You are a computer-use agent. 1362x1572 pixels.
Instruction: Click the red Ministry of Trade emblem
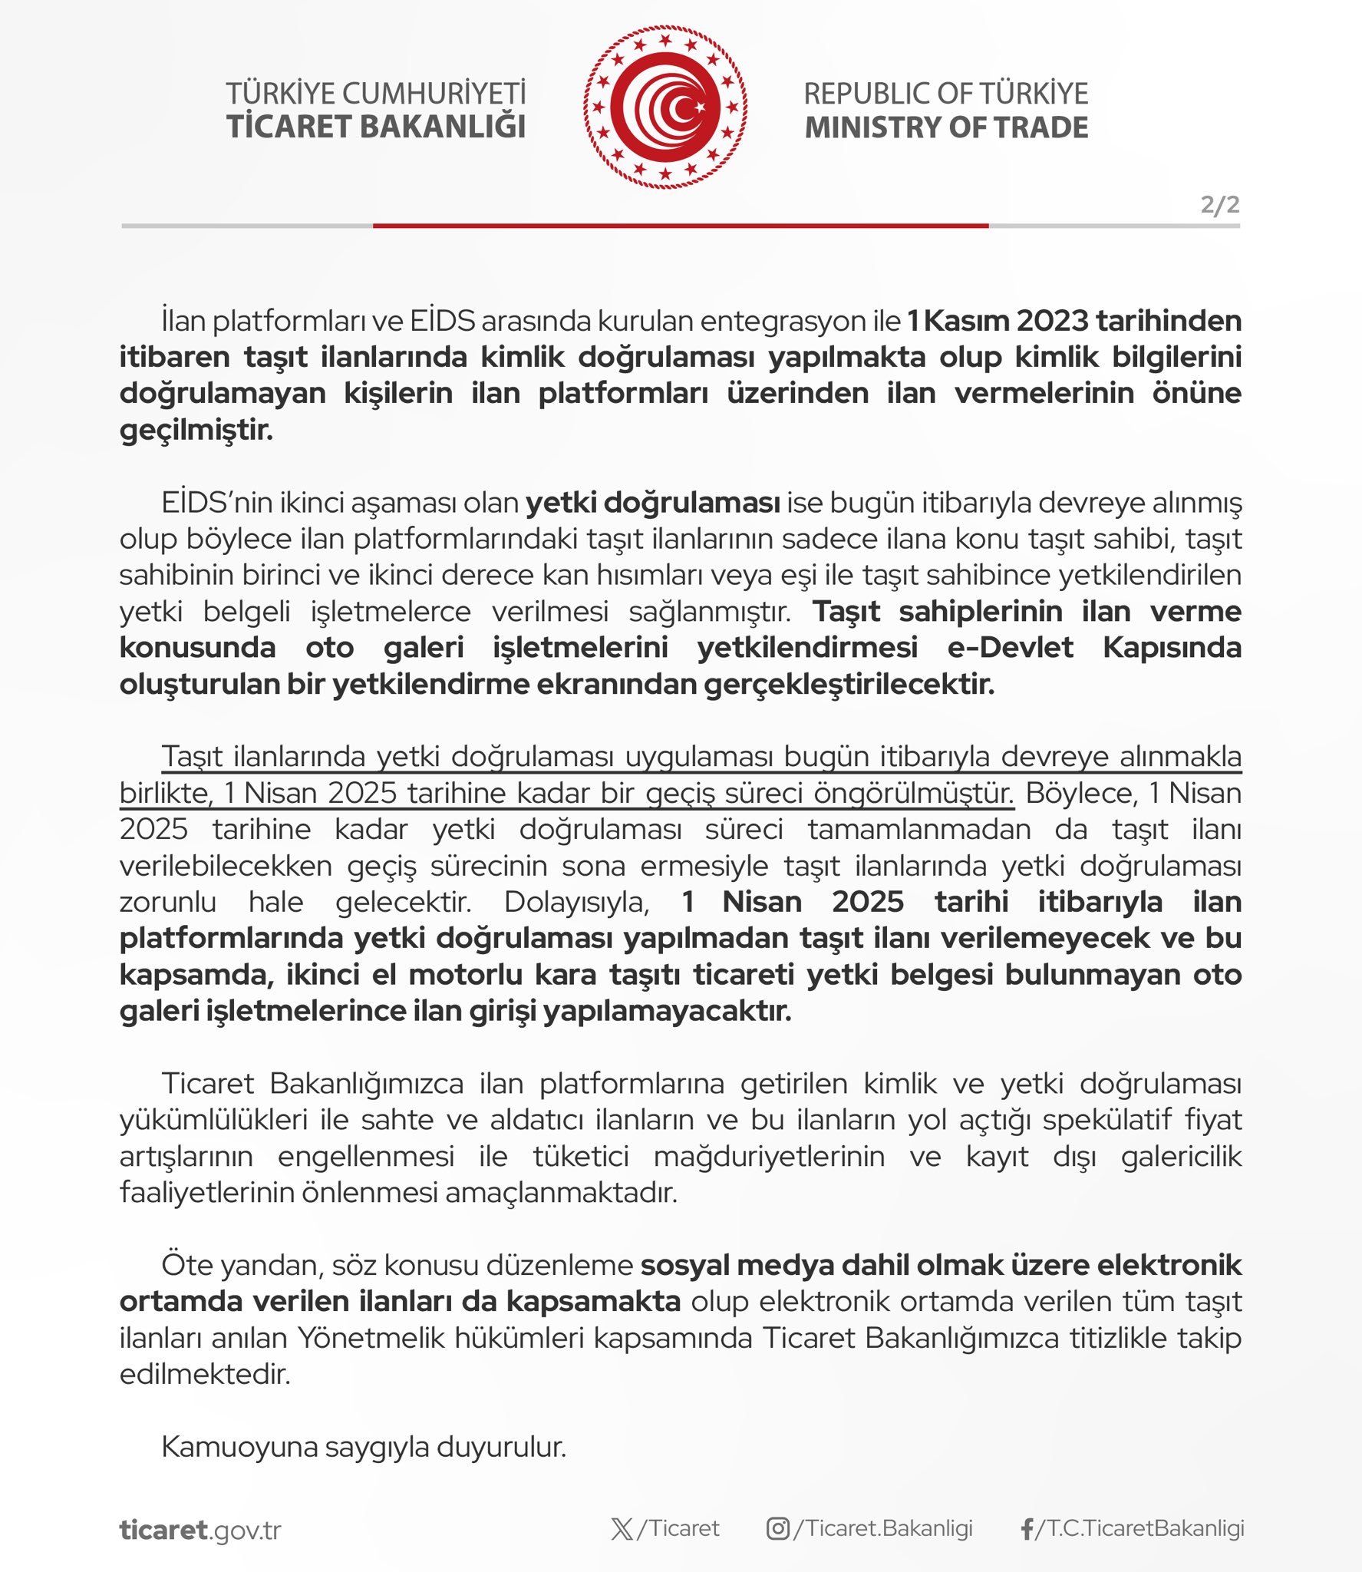(665, 107)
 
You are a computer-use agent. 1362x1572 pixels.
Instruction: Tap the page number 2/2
(1219, 205)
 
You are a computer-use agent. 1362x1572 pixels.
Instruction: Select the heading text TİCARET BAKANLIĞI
(376, 127)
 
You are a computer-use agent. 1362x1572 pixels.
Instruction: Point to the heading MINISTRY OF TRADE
(946, 127)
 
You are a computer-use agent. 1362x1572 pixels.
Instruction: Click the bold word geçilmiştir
(196, 430)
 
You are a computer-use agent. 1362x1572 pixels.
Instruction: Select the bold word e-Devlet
(1010, 648)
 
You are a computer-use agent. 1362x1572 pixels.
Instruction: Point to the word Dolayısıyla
(576, 902)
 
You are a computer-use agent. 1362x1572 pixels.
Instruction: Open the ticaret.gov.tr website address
(200, 1530)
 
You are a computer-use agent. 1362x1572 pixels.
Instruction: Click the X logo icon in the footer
(622, 1529)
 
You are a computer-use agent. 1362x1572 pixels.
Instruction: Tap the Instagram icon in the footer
(777, 1529)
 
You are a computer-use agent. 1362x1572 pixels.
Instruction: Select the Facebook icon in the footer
(1027, 1529)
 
